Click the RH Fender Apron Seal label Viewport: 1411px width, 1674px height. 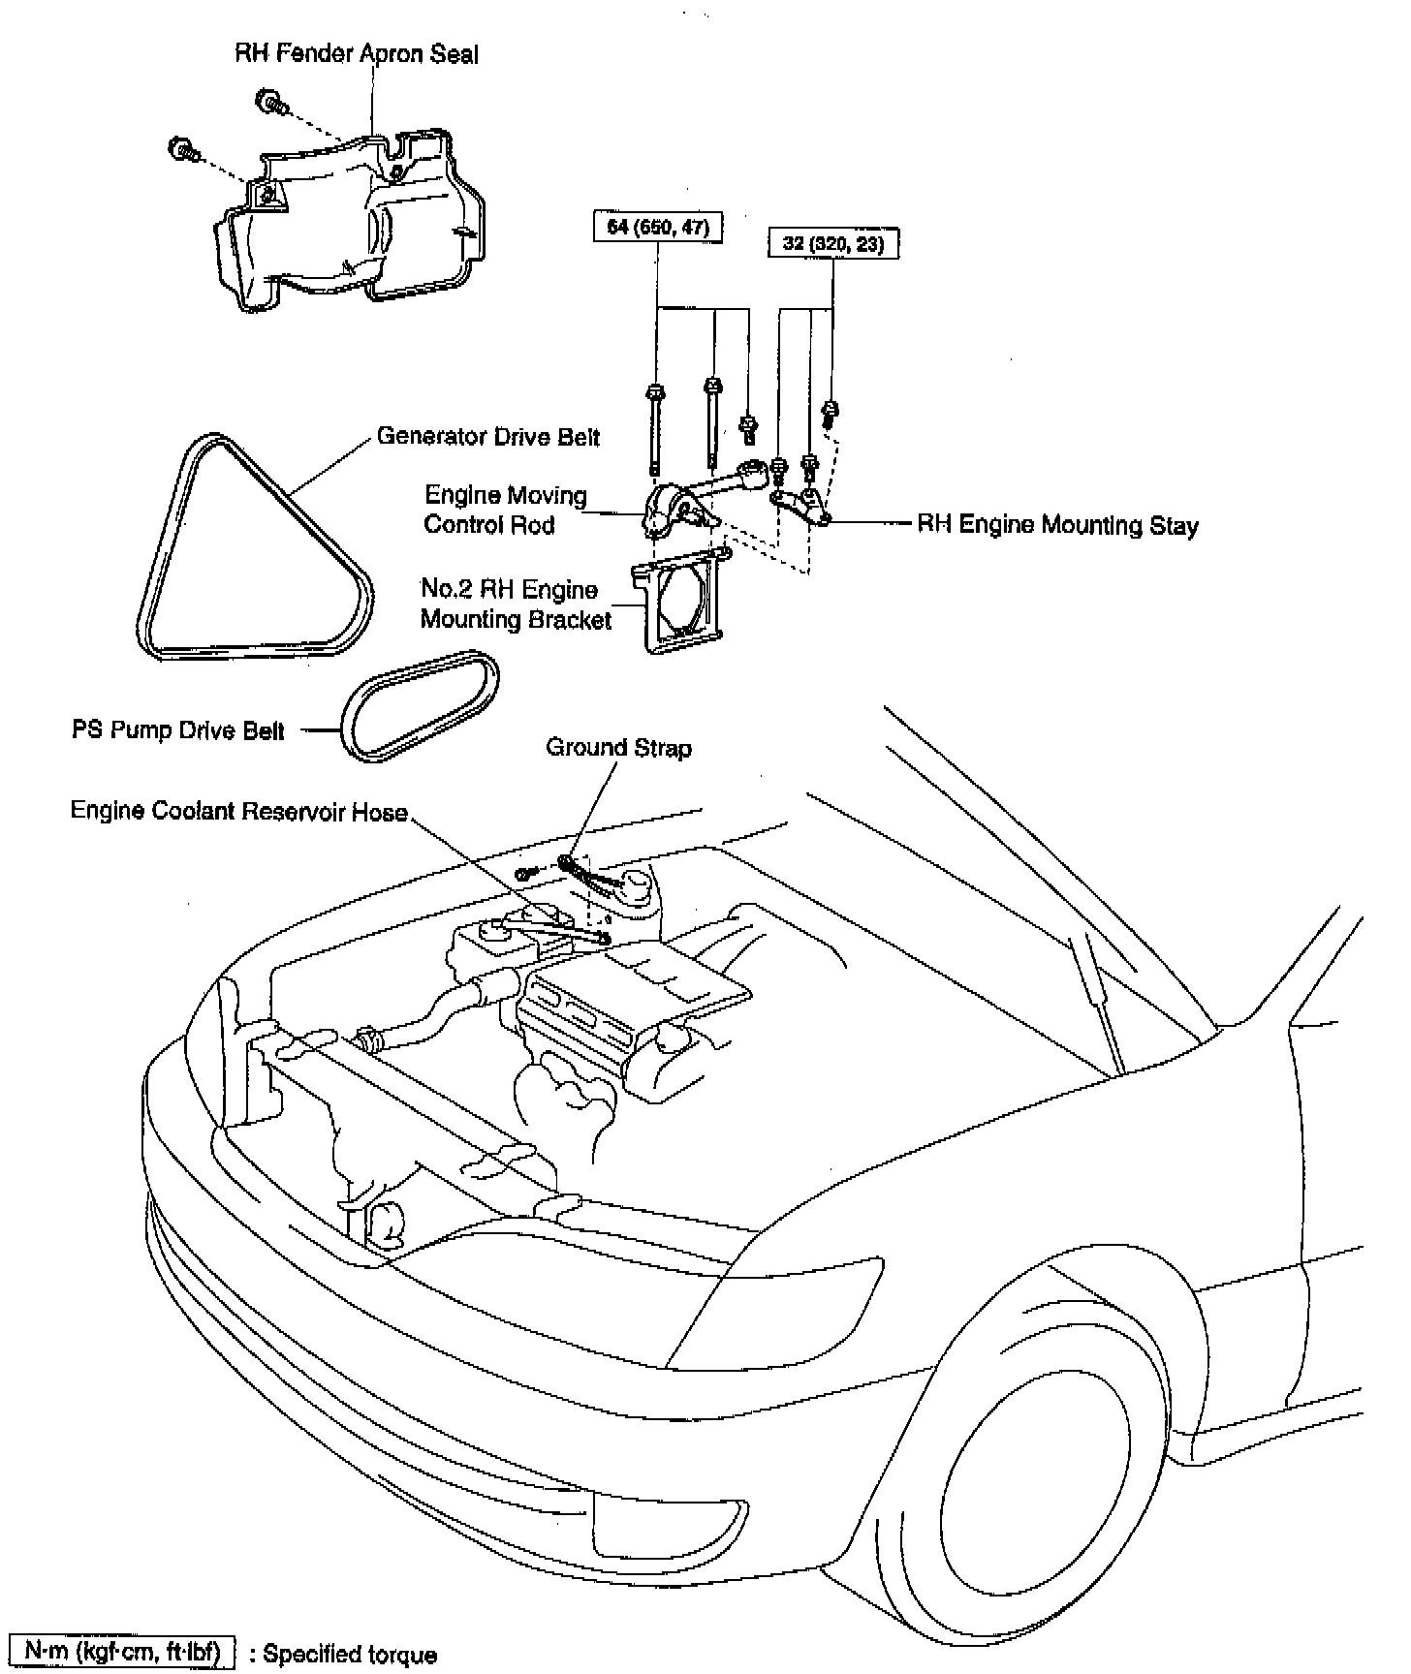(357, 53)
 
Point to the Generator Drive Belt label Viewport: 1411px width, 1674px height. (488, 437)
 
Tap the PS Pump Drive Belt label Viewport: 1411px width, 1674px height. (178, 730)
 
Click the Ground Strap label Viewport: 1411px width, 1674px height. (619, 748)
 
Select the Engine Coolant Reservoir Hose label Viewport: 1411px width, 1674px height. (238, 811)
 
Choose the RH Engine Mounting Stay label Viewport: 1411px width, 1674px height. (1057, 526)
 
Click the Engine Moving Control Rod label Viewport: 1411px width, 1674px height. (505, 511)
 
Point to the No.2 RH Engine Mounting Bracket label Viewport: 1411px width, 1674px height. (515, 605)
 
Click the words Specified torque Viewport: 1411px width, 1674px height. (350, 1655)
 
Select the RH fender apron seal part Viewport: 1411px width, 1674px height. (349, 218)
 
